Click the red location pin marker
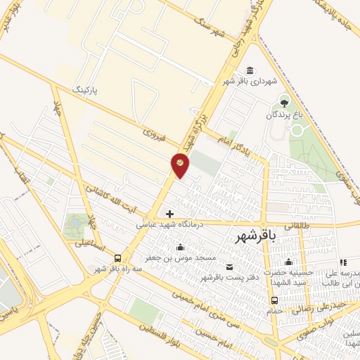180,165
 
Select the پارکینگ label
88,91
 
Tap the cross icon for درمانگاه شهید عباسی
169,213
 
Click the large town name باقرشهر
258,238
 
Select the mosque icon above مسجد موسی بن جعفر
181,247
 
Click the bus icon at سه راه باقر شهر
117,257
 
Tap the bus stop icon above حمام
274,300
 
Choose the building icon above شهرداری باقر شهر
250,70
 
